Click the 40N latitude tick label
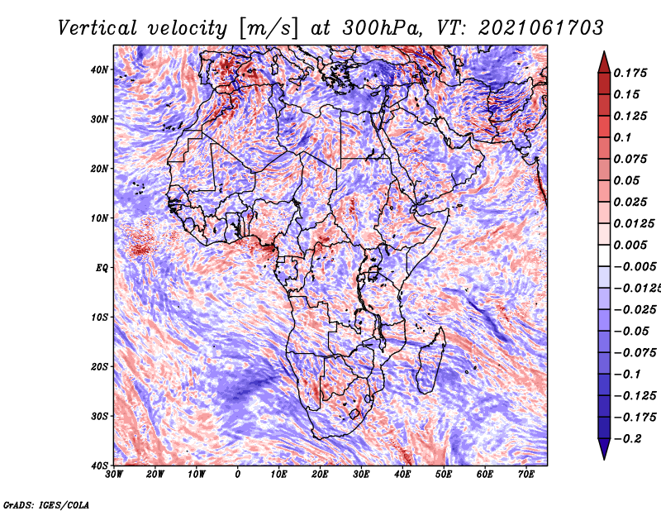(x=99, y=69)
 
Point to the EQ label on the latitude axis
(x=102, y=268)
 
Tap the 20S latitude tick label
(x=99, y=366)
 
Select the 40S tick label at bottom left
(x=99, y=466)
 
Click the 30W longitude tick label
(x=114, y=475)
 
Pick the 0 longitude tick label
(x=238, y=475)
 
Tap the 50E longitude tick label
(x=444, y=475)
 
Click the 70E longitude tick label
(x=526, y=475)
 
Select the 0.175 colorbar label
(x=630, y=73)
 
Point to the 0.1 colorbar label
(x=623, y=137)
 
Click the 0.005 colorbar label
(x=630, y=245)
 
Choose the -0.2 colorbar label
(x=627, y=438)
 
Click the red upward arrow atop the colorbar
(x=604, y=64)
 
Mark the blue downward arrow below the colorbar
(x=604, y=448)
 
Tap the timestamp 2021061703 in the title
(x=541, y=28)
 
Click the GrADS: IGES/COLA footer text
(x=46, y=505)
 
